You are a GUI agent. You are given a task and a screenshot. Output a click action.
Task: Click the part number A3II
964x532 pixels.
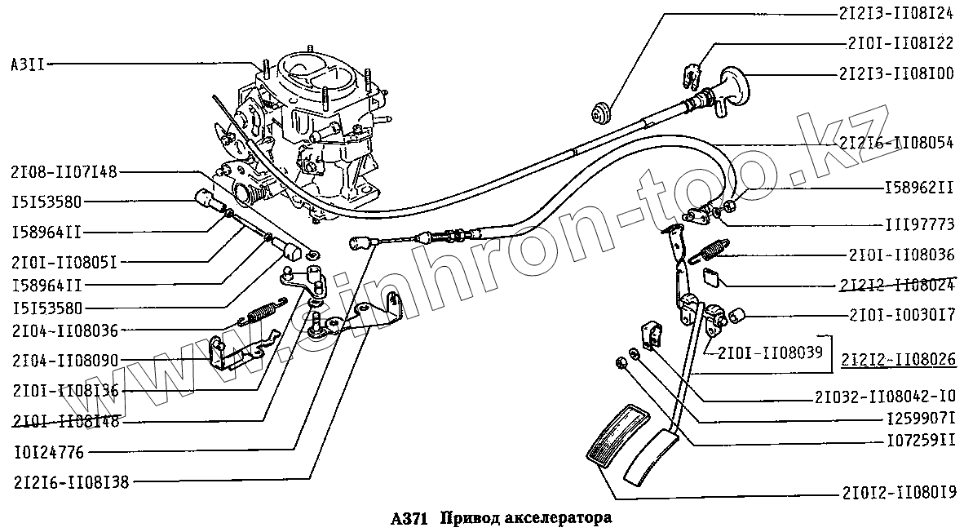coord(28,64)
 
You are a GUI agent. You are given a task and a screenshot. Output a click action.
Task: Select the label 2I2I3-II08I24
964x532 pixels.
coord(895,14)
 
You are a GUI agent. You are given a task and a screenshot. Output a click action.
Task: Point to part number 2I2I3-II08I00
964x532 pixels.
coord(895,73)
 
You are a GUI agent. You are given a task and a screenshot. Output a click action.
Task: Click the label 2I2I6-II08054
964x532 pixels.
coord(895,143)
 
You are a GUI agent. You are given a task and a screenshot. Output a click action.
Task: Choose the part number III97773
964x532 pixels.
coord(919,223)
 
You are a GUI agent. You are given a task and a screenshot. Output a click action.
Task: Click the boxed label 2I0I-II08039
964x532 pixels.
coord(769,352)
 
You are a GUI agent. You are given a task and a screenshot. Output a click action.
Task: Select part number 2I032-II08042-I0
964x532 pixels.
coord(884,397)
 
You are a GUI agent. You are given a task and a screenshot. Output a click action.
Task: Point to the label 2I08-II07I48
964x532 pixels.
coord(64,172)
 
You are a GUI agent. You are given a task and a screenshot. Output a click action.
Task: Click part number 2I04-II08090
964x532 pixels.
coord(64,360)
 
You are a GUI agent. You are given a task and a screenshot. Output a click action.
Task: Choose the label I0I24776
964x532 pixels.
coord(48,451)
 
